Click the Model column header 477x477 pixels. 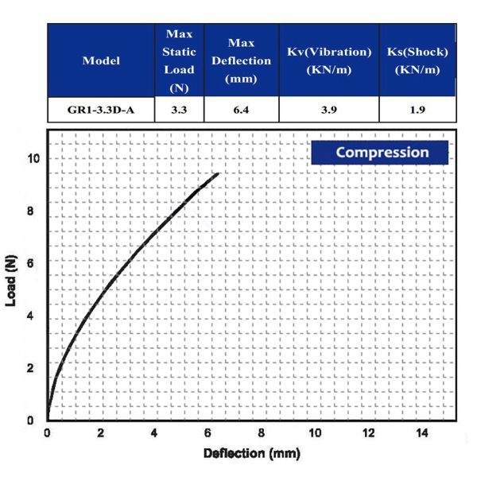coord(102,60)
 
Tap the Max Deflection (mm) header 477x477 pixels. coord(241,60)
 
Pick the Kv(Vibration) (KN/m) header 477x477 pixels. coord(329,60)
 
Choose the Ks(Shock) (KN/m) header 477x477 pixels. coord(417,60)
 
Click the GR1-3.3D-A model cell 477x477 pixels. coord(102,109)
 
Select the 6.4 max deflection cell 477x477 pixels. coord(241,109)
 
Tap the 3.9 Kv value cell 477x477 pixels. coord(329,109)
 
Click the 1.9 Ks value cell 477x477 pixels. coord(417,109)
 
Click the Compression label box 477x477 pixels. coord(381,153)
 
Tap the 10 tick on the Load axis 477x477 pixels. coord(32,159)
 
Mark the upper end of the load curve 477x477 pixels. coord(217,173)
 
